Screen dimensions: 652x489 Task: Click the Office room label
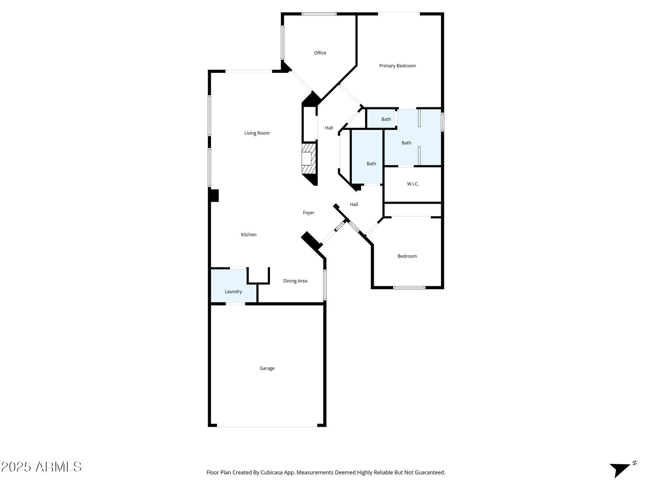tap(320, 53)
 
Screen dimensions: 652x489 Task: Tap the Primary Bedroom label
tap(397, 66)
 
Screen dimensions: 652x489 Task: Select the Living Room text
tap(257, 133)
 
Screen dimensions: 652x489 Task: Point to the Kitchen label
tap(248, 235)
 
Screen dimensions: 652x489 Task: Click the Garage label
tap(267, 368)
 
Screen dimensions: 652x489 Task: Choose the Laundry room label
tap(233, 292)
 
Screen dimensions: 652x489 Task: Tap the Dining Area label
tap(295, 281)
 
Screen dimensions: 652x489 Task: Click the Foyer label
tap(308, 213)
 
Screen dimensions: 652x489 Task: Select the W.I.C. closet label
tap(413, 184)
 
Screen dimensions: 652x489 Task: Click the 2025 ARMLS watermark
tap(41, 467)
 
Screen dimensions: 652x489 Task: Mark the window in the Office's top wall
tap(319, 14)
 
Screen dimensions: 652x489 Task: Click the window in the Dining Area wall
tap(325, 285)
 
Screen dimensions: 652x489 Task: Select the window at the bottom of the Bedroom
tap(409, 287)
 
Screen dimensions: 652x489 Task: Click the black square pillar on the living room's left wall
tap(214, 195)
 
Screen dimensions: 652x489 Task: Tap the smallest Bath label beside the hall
tap(386, 119)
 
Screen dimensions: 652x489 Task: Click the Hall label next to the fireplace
tap(329, 128)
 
